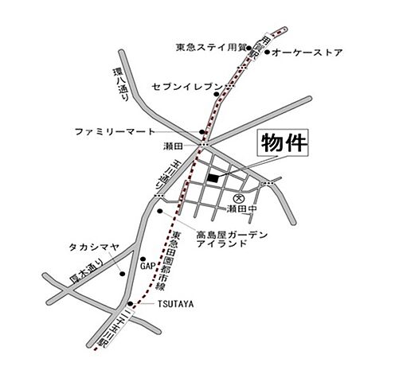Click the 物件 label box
[281, 145]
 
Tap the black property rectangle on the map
[211, 177]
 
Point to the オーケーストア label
[307, 53]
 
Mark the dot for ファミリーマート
[202, 133]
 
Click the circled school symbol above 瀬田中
[237, 194]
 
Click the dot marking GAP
[143, 260]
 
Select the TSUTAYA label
[176, 304]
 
